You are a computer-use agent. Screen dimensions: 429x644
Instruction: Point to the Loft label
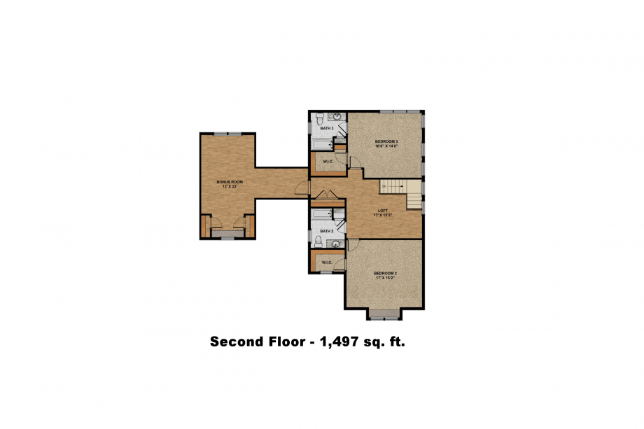click(x=382, y=211)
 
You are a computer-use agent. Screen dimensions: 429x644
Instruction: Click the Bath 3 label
click(x=327, y=129)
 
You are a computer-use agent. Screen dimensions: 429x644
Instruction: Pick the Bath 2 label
click(x=326, y=231)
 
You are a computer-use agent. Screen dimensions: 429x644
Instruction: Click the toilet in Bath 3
click(x=318, y=118)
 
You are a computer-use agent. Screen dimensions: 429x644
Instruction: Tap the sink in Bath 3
click(x=335, y=116)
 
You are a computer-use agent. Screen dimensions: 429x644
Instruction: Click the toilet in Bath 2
click(x=318, y=241)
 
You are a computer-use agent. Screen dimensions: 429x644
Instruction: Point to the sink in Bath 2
click(x=335, y=244)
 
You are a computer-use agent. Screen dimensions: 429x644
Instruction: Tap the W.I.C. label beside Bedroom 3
click(x=327, y=162)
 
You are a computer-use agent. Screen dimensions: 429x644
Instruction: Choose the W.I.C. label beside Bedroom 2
click(x=326, y=262)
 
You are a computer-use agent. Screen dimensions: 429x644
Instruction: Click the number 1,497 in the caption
click(x=344, y=342)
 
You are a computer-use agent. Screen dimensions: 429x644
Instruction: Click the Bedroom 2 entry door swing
click(x=352, y=244)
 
